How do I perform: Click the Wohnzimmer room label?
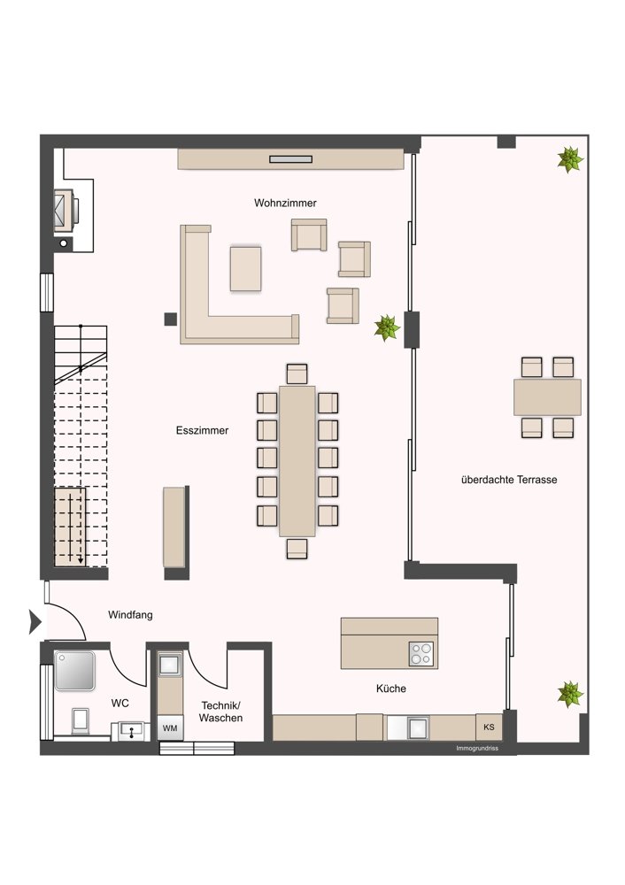(285, 204)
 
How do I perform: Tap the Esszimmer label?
(202, 431)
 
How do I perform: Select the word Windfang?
(130, 615)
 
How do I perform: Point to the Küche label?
(391, 689)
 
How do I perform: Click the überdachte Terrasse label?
(509, 480)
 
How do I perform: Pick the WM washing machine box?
(170, 728)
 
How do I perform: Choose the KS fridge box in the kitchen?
(489, 727)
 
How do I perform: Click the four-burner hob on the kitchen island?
(421, 654)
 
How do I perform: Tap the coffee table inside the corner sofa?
(245, 269)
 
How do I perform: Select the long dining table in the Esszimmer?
(297, 461)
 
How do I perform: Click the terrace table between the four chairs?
(548, 397)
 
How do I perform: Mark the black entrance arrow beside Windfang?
(35, 622)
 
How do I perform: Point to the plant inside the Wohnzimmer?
(388, 327)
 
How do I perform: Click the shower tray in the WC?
(74, 671)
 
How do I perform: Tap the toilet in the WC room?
(80, 721)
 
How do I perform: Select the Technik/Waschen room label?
(220, 712)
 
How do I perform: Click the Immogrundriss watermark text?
(477, 749)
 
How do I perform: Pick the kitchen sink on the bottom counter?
(417, 727)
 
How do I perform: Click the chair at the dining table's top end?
(297, 374)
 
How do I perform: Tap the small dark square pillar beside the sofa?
(171, 319)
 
